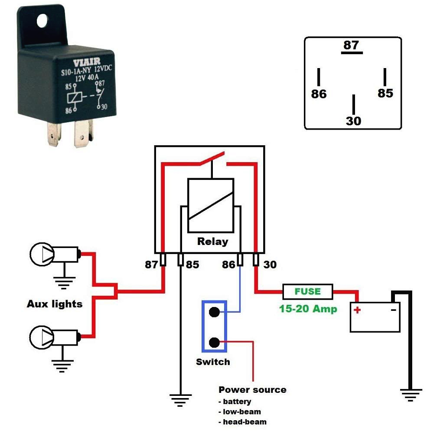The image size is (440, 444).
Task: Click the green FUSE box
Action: click(x=307, y=291)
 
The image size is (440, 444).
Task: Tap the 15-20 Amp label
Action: click(x=307, y=310)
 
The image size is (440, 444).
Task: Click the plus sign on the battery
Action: click(x=357, y=310)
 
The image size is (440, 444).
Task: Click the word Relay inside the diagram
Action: click(x=212, y=242)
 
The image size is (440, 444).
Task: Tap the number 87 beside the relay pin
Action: click(x=152, y=264)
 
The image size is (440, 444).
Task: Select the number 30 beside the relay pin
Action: click(x=270, y=264)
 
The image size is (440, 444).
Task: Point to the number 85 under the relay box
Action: click(x=192, y=264)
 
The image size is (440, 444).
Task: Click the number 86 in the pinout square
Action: click(x=319, y=94)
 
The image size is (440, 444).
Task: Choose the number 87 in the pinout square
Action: click(x=351, y=45)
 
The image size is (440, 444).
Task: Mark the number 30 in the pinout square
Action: click(x=353, y=121)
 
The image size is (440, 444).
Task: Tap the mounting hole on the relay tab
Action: click(x=42, y=20)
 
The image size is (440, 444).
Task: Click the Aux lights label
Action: click(x=55, y=304)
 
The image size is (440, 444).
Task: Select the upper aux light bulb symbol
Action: click(x=42, y=253)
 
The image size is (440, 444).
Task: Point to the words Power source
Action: click(x=252, y=389)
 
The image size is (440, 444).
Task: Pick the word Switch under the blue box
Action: click(x=213, y=362)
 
